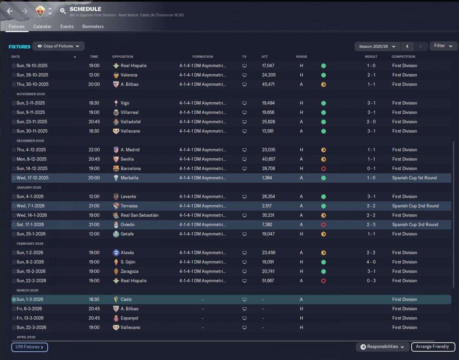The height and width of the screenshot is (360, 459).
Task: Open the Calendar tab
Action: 42,27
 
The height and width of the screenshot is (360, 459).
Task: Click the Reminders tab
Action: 93,27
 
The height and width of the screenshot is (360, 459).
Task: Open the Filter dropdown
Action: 443,46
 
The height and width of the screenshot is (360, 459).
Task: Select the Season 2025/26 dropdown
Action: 377,47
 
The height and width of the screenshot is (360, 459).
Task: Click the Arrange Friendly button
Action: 433,347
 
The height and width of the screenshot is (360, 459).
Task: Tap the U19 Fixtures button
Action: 29,347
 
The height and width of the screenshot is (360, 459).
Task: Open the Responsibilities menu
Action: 382,347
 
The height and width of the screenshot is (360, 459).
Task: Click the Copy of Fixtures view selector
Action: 58,46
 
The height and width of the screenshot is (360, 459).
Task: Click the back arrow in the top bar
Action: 10,11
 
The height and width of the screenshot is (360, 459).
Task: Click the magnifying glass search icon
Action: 62,10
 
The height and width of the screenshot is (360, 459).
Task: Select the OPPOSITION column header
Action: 123,57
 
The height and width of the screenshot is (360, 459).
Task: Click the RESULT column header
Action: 371,57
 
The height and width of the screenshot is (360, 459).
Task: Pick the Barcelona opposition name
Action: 131,168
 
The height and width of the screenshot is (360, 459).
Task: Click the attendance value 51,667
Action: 268,281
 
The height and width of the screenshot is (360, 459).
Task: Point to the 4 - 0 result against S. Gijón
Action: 371,262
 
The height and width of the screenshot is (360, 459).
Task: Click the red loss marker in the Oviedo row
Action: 323,225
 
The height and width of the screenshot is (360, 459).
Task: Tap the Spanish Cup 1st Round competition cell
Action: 415,178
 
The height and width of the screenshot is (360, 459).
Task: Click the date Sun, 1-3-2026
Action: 30,299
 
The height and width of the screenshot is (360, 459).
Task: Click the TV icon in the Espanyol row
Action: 245,318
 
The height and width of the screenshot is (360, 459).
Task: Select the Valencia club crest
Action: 116,75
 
